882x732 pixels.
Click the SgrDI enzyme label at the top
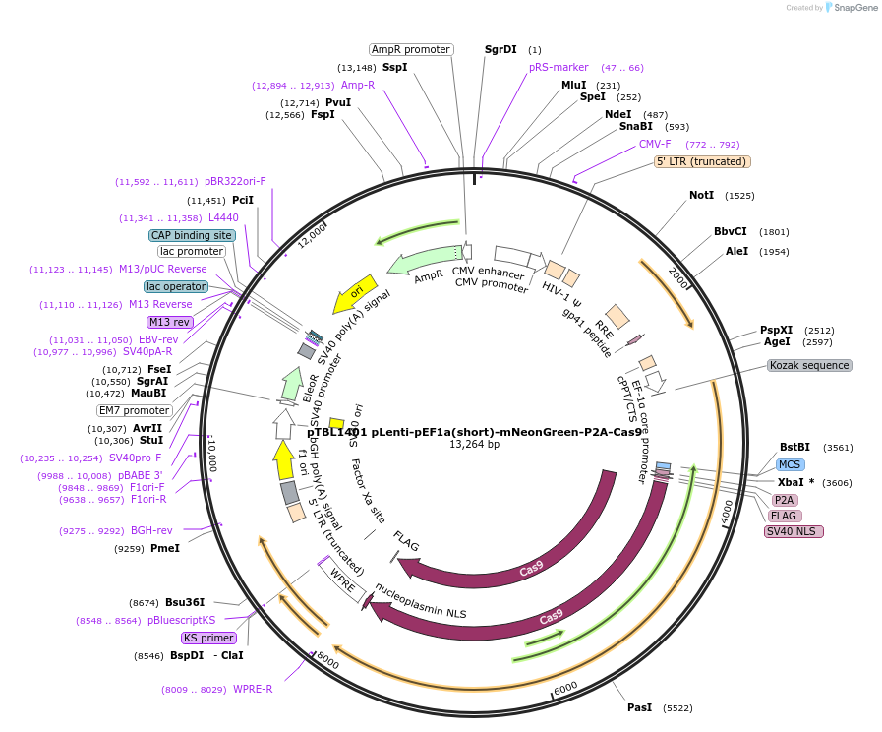pyautogui.click(x=500, y=49)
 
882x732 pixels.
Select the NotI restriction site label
pyautogui.click(x=701, y=196)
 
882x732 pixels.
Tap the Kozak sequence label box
pyautogui.click(x=809, y=365)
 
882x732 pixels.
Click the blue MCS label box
pyautogui.click(x=790, y=464)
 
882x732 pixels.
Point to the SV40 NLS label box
pyautogui.click(x=794, y=532)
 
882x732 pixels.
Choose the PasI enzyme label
pyautogui.click(x=639, y=707)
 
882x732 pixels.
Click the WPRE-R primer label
pyautogui.click(x=253, y=689)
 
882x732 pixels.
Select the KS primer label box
pyautogui.click(x=208, y=638)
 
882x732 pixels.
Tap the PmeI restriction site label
pyautogui.click(x=165, y=548)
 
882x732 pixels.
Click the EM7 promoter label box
pyautogui.click(x=134, y=410)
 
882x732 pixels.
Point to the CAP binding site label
pyautogui.click(x=192, y=235)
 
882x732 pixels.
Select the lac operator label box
pyautogui.click(x=176, y=286)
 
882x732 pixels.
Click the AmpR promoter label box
pyautogui.click(x=411, y=49)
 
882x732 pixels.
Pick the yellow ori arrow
pyautogui.click(x=355, y=291)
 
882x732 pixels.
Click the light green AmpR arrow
pyautogui.click(x=423, y=261)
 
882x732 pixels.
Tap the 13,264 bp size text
pyautogui.click(x=474, y=445)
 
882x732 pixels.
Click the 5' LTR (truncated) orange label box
pyautogui.click(x=702, y=161)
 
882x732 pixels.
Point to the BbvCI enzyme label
pyautogui.click(x=730, y=232)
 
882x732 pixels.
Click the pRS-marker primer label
pyautogui.click(x=559, y=68)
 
